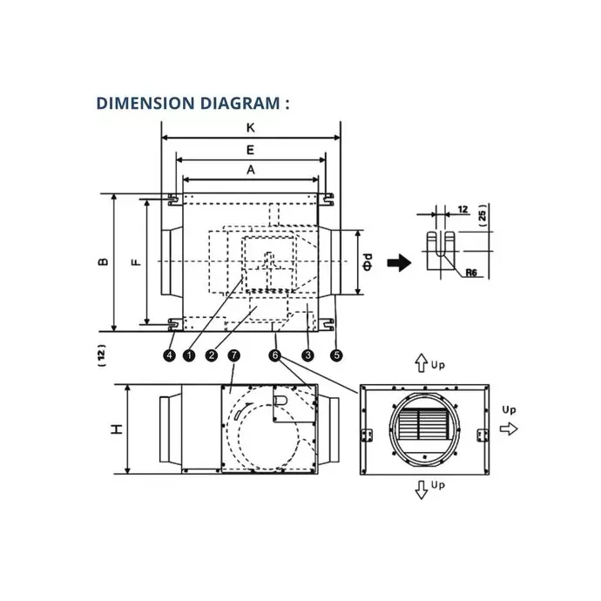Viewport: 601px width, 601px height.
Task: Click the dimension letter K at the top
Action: click(x=250, y=128)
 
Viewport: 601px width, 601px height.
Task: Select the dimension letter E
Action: click(x=250, y=150)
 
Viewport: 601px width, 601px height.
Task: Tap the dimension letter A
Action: click(x=251, y=170)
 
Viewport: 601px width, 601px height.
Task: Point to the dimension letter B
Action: click(x=103, y=262)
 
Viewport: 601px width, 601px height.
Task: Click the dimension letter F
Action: click(x=137, y=262)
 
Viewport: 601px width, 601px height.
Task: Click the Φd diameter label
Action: click(x=368, y=262)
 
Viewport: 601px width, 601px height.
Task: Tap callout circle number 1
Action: click(x=189, y=355)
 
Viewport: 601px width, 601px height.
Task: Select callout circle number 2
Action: click(x=212, y=355)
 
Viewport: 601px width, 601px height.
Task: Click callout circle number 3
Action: click(x=307, y=355)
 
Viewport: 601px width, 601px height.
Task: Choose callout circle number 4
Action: click(x=170, y=355)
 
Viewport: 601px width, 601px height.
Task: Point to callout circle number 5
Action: click(x=336, y=355)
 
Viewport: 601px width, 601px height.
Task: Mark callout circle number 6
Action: click(x=275, y=355)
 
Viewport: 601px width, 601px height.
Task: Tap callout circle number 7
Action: click(x=233, y=355)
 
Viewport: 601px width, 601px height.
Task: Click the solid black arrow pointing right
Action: click(x=399, y=263)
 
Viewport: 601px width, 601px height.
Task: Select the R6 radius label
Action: click(x=471, y=273)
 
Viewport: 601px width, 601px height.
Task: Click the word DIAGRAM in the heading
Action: click(x=240, y=104)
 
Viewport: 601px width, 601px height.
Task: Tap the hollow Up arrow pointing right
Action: click(x=509, y=429)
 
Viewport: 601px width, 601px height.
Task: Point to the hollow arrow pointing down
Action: click(x=422, y=490)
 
